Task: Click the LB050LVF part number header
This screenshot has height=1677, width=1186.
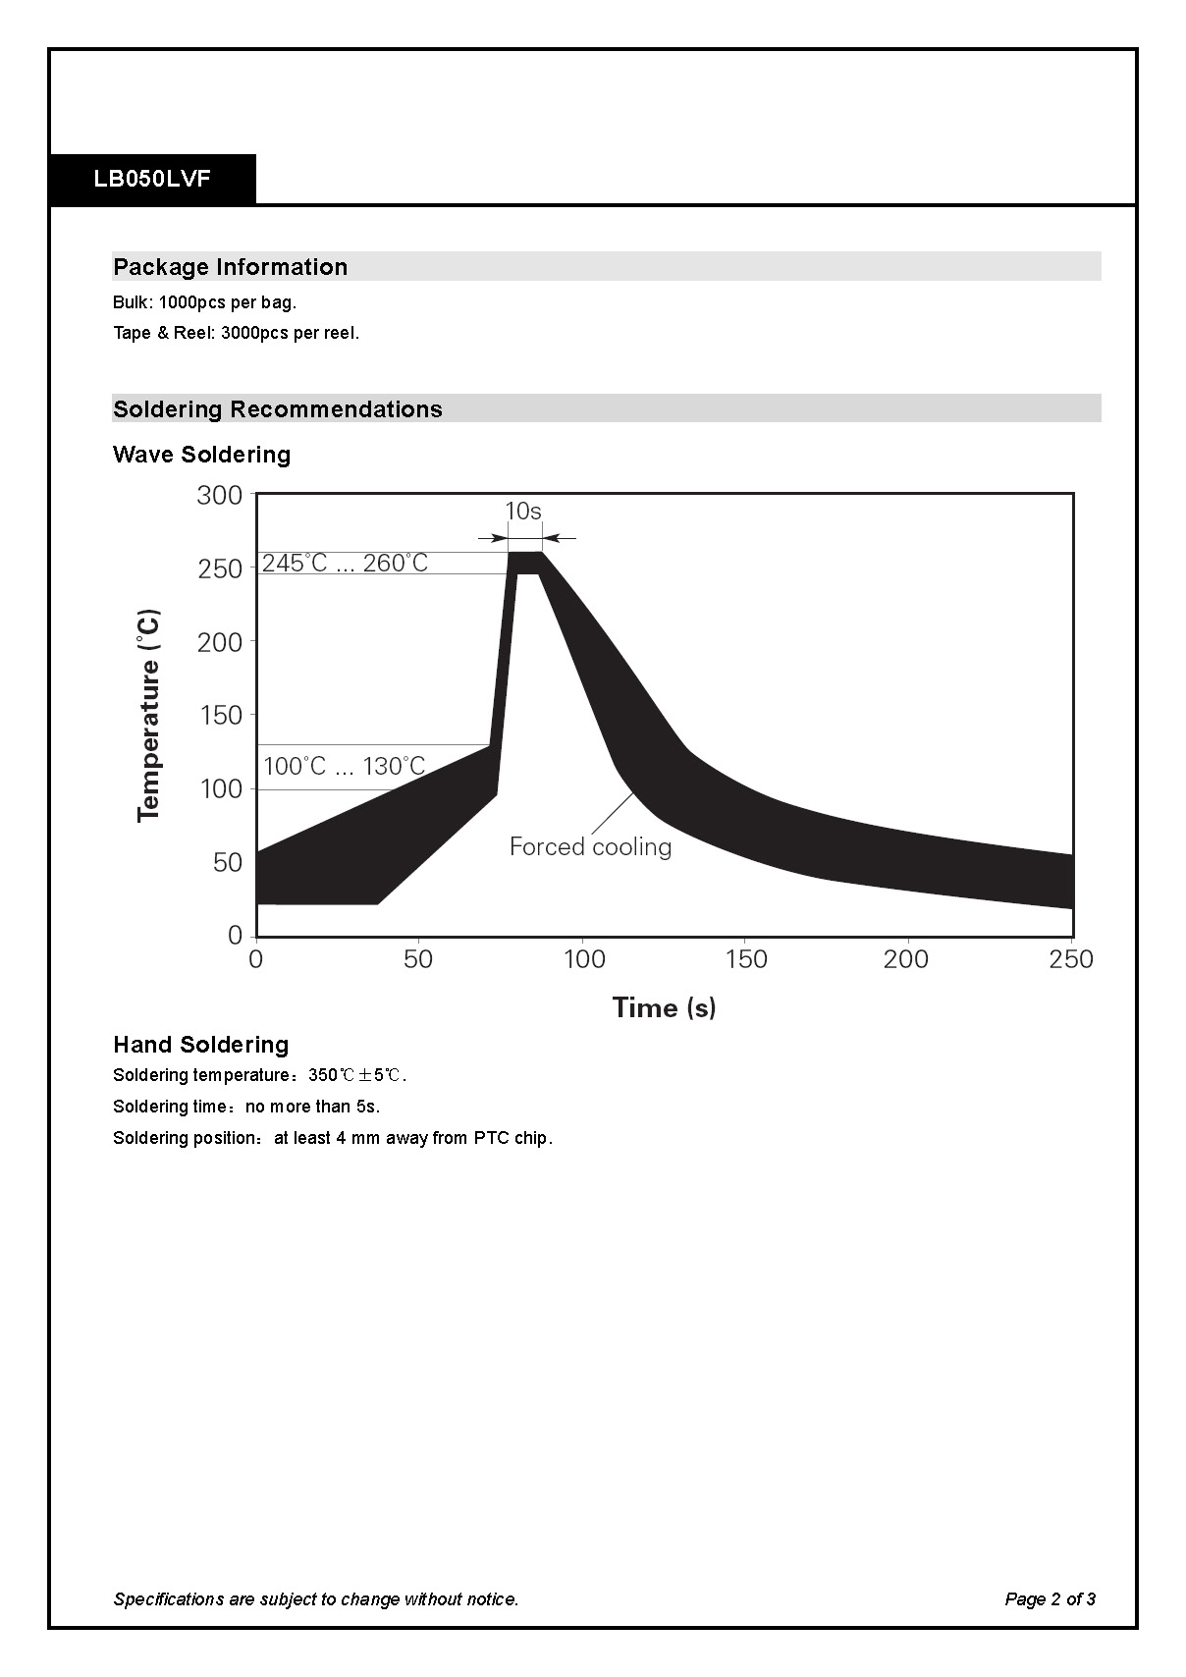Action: [152, 180]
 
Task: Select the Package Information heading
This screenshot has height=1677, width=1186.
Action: [230, 267]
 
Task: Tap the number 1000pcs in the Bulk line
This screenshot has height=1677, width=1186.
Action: [191, 302]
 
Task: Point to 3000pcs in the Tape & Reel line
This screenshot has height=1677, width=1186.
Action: [254, 333]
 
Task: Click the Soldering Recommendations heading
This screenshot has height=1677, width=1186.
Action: [277, 409]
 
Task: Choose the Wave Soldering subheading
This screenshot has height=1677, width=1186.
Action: [201, 455]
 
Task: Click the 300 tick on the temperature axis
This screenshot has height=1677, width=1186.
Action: [219, 495]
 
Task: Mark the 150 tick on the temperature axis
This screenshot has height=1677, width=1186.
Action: [220, 715]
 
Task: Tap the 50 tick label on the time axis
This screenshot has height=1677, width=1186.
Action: [418, 959]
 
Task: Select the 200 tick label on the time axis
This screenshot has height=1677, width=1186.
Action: [905, 959]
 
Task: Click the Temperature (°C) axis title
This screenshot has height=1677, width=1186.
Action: [149, 715]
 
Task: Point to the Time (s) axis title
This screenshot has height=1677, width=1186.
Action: [664, 1007]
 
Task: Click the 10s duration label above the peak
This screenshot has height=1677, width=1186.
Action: [523, 512]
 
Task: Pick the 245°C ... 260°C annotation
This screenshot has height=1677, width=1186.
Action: [345, 563]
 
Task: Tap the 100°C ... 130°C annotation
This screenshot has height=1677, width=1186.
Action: [344, 766]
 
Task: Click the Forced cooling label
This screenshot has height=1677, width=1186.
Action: [590, 846]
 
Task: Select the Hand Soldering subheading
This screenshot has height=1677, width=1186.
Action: [200, 1045]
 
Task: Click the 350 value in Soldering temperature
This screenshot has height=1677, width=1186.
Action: [322, 1075]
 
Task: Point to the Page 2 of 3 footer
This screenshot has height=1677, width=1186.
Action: [1050, 1599]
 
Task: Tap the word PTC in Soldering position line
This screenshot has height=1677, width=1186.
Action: [491, 1138]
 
